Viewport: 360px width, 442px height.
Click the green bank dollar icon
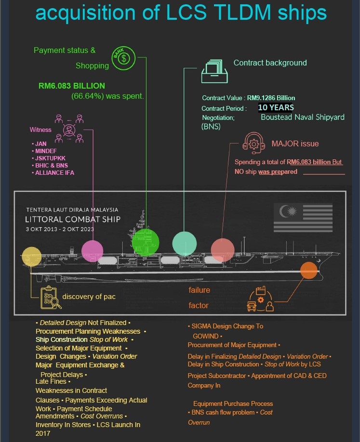123,58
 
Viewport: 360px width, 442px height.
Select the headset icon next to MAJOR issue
253,143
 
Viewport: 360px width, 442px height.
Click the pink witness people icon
69,129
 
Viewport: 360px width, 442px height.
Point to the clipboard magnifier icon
51,297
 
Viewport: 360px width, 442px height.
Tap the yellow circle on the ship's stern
32,256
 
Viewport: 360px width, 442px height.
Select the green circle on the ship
145,242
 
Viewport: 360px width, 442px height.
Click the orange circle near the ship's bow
308,270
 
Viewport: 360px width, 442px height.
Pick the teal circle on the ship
184,244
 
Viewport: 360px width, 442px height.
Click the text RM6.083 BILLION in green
72,86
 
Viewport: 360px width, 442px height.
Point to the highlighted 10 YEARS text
276,107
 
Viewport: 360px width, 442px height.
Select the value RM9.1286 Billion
271,98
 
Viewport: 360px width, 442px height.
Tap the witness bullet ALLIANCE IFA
55,172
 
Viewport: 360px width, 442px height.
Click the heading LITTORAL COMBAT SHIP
73,220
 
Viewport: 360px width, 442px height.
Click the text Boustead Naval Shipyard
302,117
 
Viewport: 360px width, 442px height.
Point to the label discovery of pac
89,297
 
